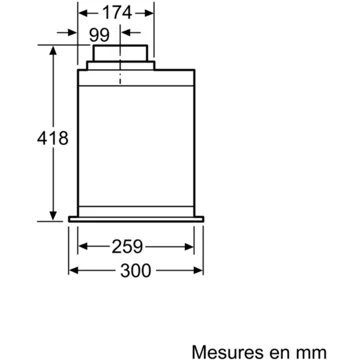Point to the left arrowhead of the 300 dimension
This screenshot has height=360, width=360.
[x=74, y=270]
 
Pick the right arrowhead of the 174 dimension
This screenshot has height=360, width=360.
[x=153, y=15]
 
